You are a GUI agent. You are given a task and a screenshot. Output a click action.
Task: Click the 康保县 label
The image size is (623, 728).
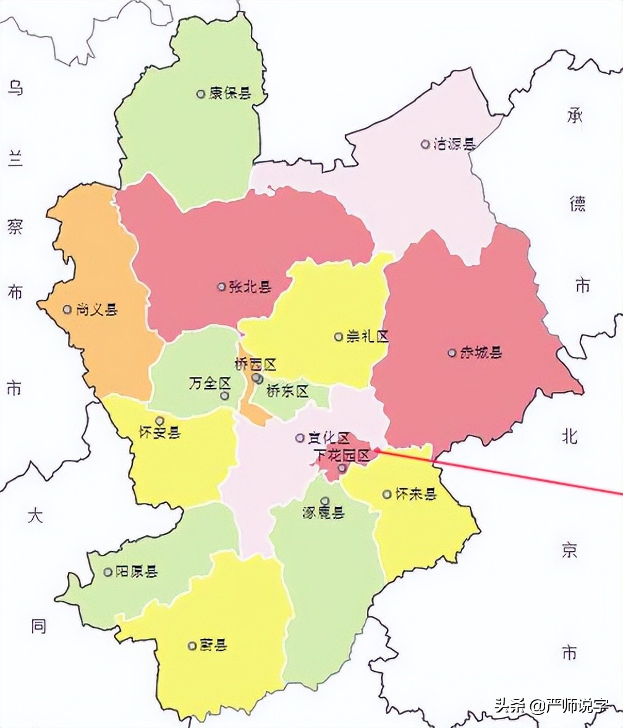tap(230, 94)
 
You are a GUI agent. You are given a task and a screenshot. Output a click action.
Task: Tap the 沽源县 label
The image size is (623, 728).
tap(454, 145)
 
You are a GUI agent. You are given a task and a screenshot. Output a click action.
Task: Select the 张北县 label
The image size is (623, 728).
tap(250, 287)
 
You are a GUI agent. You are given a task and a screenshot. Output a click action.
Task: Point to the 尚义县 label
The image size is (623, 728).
tap(96, 310)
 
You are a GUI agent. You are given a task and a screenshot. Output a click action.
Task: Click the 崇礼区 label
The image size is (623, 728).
tap(367, 337)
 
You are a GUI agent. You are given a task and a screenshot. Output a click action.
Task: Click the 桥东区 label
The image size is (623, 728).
tap(287, 391)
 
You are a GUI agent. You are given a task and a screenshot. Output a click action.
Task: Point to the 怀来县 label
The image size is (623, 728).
tap(415, 494)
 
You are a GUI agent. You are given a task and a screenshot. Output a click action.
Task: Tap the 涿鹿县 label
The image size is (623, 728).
tap(323, 513)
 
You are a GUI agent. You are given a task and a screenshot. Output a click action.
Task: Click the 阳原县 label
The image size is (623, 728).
tap(137, 572)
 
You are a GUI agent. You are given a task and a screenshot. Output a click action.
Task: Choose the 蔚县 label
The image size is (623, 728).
tap(213, 646)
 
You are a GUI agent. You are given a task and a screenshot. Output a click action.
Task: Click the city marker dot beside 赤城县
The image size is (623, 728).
tap(452, 353)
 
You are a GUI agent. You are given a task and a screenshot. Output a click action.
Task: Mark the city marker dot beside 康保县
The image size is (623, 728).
tap(200, 94)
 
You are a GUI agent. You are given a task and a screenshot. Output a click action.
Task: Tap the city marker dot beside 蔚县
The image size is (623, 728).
tap(192, 646)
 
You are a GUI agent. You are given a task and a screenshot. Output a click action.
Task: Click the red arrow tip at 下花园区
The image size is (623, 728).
tap(375, 451)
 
